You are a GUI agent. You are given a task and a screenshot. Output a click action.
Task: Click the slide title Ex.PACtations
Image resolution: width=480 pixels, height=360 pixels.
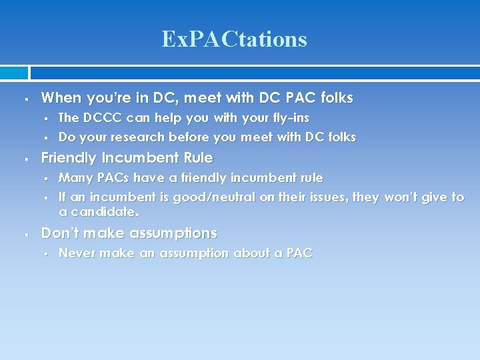234,39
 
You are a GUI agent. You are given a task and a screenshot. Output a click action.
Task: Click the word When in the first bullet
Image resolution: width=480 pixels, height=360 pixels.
61,98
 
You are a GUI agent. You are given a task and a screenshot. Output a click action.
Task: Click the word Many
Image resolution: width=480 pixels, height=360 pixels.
75,178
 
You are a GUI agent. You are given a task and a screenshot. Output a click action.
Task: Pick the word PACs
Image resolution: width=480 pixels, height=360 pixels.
115,178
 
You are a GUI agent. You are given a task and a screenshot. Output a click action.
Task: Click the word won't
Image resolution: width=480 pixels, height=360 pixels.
405,197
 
